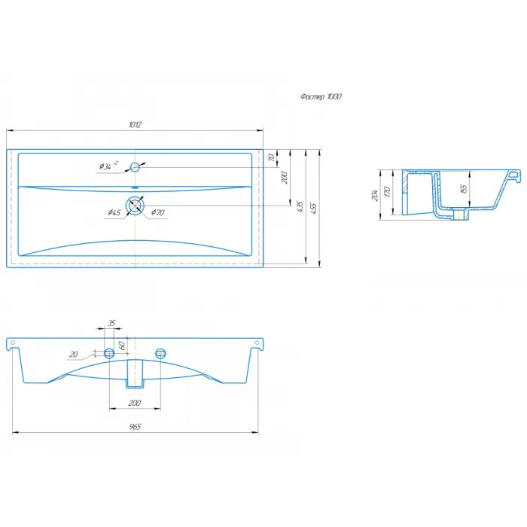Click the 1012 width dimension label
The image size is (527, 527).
pyautogui.click(x=135, y=125)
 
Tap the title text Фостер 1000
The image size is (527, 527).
pyautogui.click(x=321, y=97)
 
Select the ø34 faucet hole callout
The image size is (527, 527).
pyautogui.click(x=108, y=166)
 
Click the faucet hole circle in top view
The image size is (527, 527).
pyautogui.click(x=135, y=167)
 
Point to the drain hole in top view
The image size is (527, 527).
pyautogui.click(x=135, y=206)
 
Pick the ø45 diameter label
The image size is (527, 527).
pyautogui.click(x=114, y=212)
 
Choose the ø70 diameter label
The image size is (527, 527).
pyautogui.click(x=157, y=212)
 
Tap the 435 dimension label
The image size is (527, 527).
pyautogui.click(x=300, y=206)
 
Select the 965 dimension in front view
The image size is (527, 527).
pyautogui.click(x=135, y=427)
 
